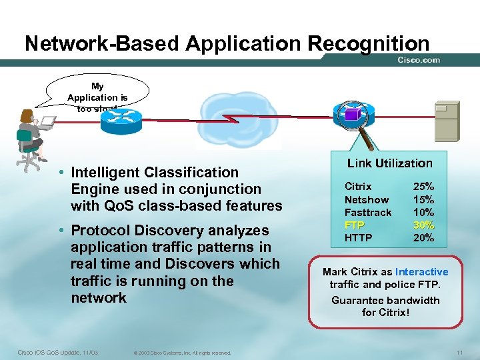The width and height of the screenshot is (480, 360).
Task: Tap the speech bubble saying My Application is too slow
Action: [97, 95]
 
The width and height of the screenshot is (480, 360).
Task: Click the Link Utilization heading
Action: [389, 163]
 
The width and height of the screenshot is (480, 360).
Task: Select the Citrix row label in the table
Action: [358, 187]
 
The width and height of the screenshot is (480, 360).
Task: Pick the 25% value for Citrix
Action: [423, 187]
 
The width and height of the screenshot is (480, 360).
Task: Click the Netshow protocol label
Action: [366, 199]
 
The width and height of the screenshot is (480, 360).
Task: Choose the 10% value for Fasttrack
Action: [423, 212]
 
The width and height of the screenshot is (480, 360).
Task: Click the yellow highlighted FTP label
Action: [354, 225]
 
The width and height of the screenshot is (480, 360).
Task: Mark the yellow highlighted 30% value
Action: [423, 225]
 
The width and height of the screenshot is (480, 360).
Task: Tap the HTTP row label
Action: [358, 237]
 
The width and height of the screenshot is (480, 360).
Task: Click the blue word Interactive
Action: [421, 272]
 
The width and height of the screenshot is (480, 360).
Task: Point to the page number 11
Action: [459, 352]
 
